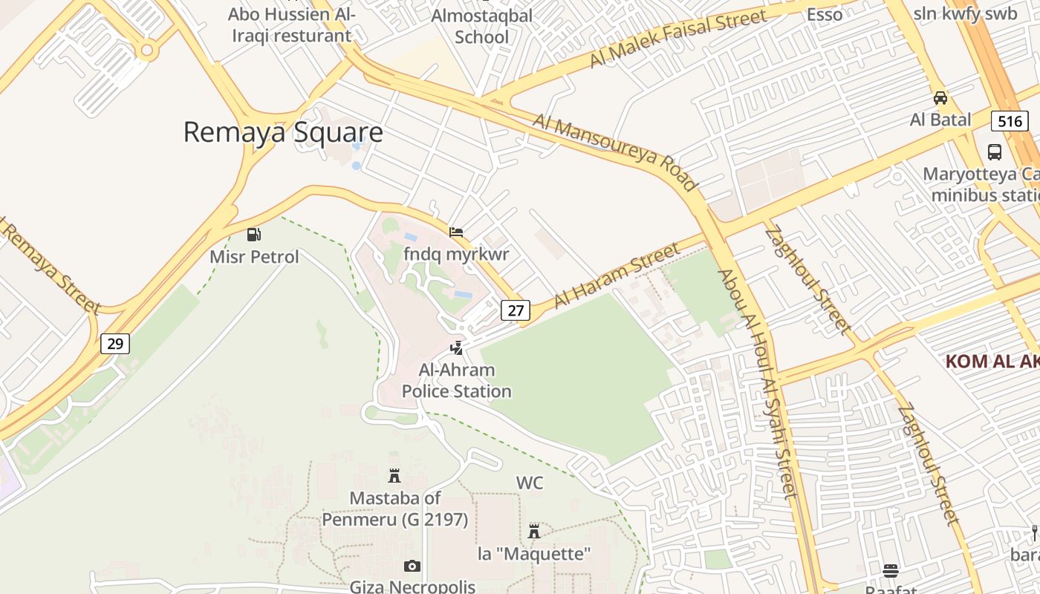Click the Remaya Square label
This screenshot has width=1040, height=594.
coord(283,132)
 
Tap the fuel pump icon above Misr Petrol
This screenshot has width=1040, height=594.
coord(254,235)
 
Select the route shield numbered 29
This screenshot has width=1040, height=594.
coord(115,343)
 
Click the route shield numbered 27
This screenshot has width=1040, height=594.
coord(515,310)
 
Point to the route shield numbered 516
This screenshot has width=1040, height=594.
coord(1010,121)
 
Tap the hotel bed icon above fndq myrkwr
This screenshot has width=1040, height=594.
coord(456,232)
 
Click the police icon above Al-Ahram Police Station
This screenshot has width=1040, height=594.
coord(457,347)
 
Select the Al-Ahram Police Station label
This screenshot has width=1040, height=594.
coord(456,380)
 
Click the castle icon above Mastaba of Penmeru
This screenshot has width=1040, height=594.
coord(394,475)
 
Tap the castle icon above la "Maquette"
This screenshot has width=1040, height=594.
coord(533,531)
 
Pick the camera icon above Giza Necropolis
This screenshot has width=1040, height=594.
coord(412,567)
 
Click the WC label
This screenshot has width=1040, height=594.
coord(530,483)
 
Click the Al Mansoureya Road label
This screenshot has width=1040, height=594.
coord(615,151)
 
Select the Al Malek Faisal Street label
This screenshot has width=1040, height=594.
coord(677,39)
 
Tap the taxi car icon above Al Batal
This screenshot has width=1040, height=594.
coord(940,98)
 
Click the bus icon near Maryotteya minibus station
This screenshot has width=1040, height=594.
coord(994,152)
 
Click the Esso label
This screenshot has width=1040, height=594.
coord(825,14)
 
